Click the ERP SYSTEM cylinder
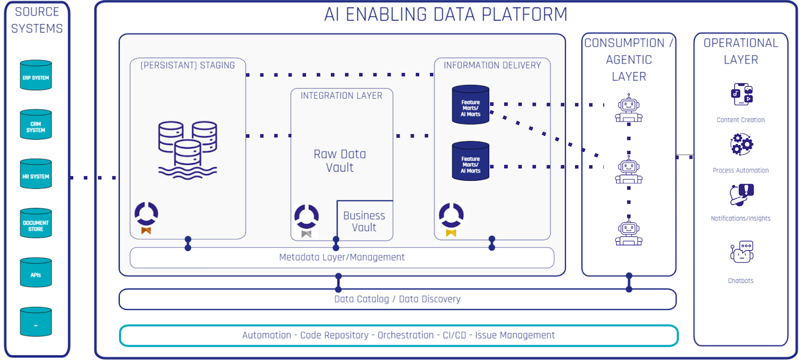pos(36,76)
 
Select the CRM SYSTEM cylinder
pos(36,125)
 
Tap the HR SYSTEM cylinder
pos(36,174)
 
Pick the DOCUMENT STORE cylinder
pos(36,224)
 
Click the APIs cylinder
pos(36,273)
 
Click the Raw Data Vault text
pos(340,161)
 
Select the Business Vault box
pos(364,221)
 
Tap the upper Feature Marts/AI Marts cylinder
pos(471,105)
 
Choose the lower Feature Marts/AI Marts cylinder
pos(471,161)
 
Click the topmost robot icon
pos(629,108)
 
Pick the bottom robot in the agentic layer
pos(629,231)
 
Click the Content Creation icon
pos(741,95)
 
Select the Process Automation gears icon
pos(741,145)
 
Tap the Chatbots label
pos(740,281)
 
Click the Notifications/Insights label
pos(740,218)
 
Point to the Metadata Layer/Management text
pos(342,257)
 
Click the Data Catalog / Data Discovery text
pos(397,299)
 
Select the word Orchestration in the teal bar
pos(406,335)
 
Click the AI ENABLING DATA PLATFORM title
pos(446,15)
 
